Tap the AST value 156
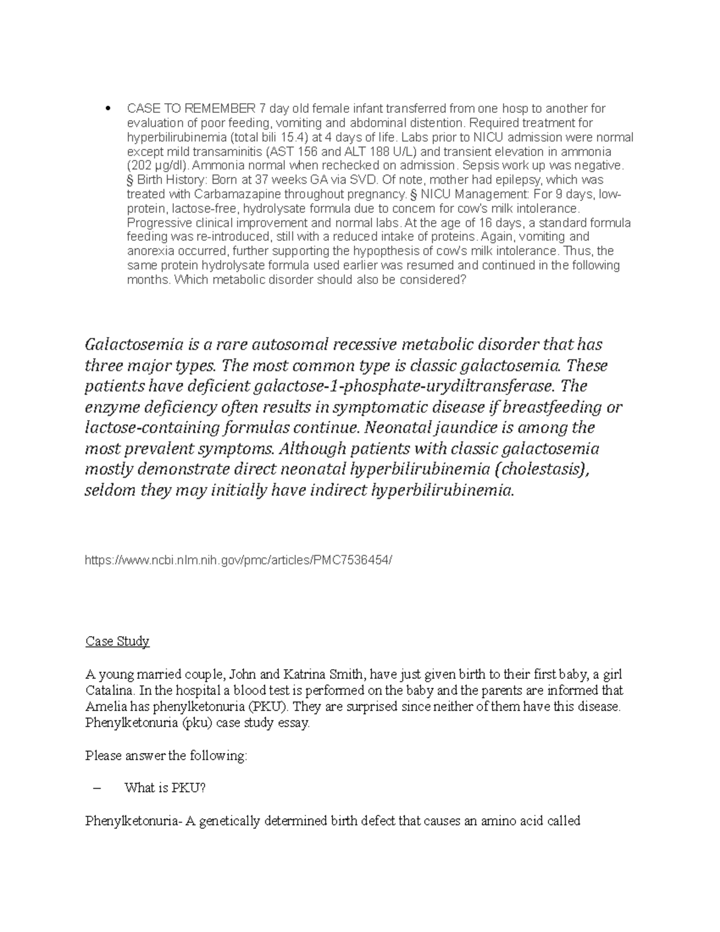point(321,152)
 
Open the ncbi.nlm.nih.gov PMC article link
point(239,560)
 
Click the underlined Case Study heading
point(117,642)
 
